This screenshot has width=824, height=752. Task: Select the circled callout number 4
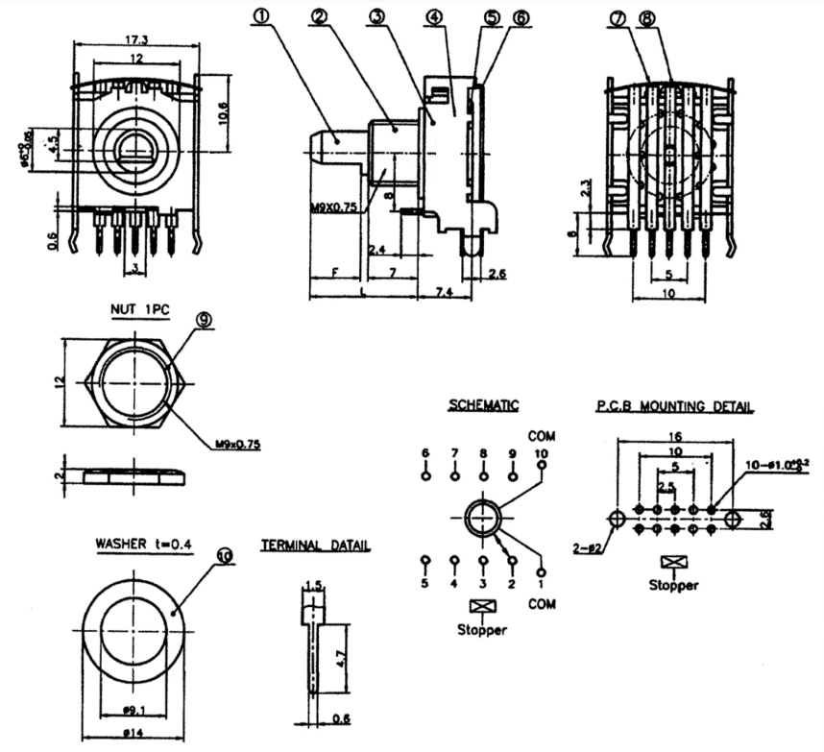pyautogui.click(x=436, y=17)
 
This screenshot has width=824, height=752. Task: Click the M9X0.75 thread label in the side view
pyautogui.click(x=332, y=206)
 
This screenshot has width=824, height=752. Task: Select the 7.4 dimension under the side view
pyautogui.click(x=443, y=291)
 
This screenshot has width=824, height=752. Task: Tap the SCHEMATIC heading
pyautogui.click(x=484, y=406)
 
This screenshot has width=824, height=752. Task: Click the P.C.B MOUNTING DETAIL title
pyautogui.click(x=675, y=406)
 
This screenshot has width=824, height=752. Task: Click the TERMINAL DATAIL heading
pyautogui.click(x=316, y=546)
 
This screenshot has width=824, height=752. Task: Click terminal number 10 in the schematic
pyautogui.click(x=542, y=453)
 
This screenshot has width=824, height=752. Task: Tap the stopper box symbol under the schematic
pyautogui.click(x=480, y=607)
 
